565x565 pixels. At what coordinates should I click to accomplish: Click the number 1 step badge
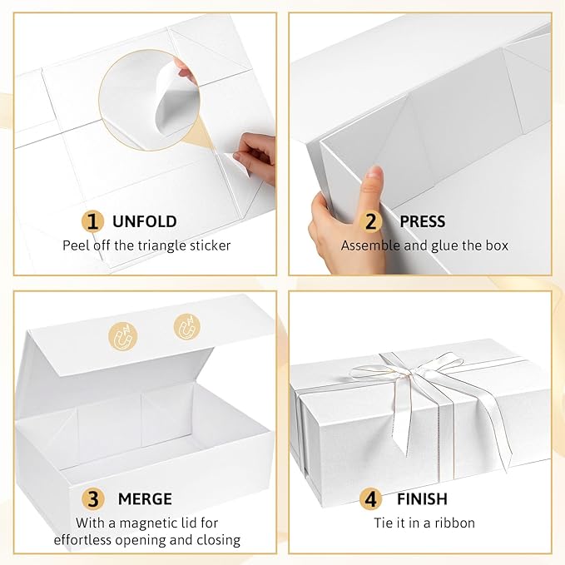92,221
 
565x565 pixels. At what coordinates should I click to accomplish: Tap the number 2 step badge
372,221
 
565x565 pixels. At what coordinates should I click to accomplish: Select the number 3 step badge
93,499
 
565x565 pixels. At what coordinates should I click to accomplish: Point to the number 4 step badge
372,499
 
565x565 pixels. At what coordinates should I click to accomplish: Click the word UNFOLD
144,221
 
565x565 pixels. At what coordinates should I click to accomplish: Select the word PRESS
422,221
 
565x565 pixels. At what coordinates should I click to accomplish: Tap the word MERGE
144,499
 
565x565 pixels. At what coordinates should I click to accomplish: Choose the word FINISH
423,499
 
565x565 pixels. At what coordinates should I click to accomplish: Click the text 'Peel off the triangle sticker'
146,245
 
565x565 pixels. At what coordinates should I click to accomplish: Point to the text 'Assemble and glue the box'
424,245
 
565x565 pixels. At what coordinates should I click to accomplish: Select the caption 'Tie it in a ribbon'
424,523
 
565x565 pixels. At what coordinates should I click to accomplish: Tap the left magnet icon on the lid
125,336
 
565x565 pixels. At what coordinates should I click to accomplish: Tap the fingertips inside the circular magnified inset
189,77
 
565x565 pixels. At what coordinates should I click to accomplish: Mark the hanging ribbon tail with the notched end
401,424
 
